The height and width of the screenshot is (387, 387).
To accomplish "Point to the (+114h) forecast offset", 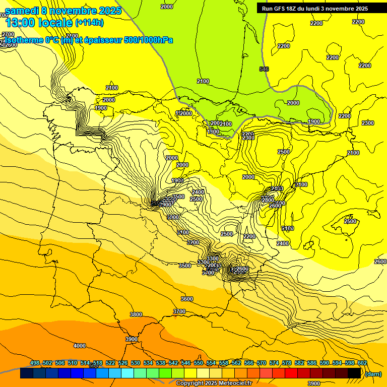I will tap(89, 23).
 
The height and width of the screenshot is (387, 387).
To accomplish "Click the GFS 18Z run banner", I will tap(315, 9).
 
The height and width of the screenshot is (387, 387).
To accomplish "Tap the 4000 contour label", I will tap(79, 346).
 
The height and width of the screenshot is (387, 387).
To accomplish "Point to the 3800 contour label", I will tap(136, 314).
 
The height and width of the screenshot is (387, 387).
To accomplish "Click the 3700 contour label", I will tap(179, 312).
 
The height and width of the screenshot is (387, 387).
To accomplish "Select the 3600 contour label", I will tap(186, 299).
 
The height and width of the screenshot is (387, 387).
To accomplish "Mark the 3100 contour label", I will tap(183, 232).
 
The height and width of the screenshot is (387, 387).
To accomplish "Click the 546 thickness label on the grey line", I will tap(264, 69).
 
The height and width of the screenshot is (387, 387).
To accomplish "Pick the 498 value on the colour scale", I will tap(35, 363).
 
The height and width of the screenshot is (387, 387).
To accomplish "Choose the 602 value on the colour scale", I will tap(362, 363).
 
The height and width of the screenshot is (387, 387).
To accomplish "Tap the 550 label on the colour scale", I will tap(199, 363).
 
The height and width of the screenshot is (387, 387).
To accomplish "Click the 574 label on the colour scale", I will tap(274, 363).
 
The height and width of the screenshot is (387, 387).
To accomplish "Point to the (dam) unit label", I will tap(373, 373).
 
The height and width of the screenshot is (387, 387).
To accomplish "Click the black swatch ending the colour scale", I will tap(354, 373).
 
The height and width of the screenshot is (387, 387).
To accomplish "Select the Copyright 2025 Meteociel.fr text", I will tap(214, 383).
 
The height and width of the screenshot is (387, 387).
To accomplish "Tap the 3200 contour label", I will tap(193, 242).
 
